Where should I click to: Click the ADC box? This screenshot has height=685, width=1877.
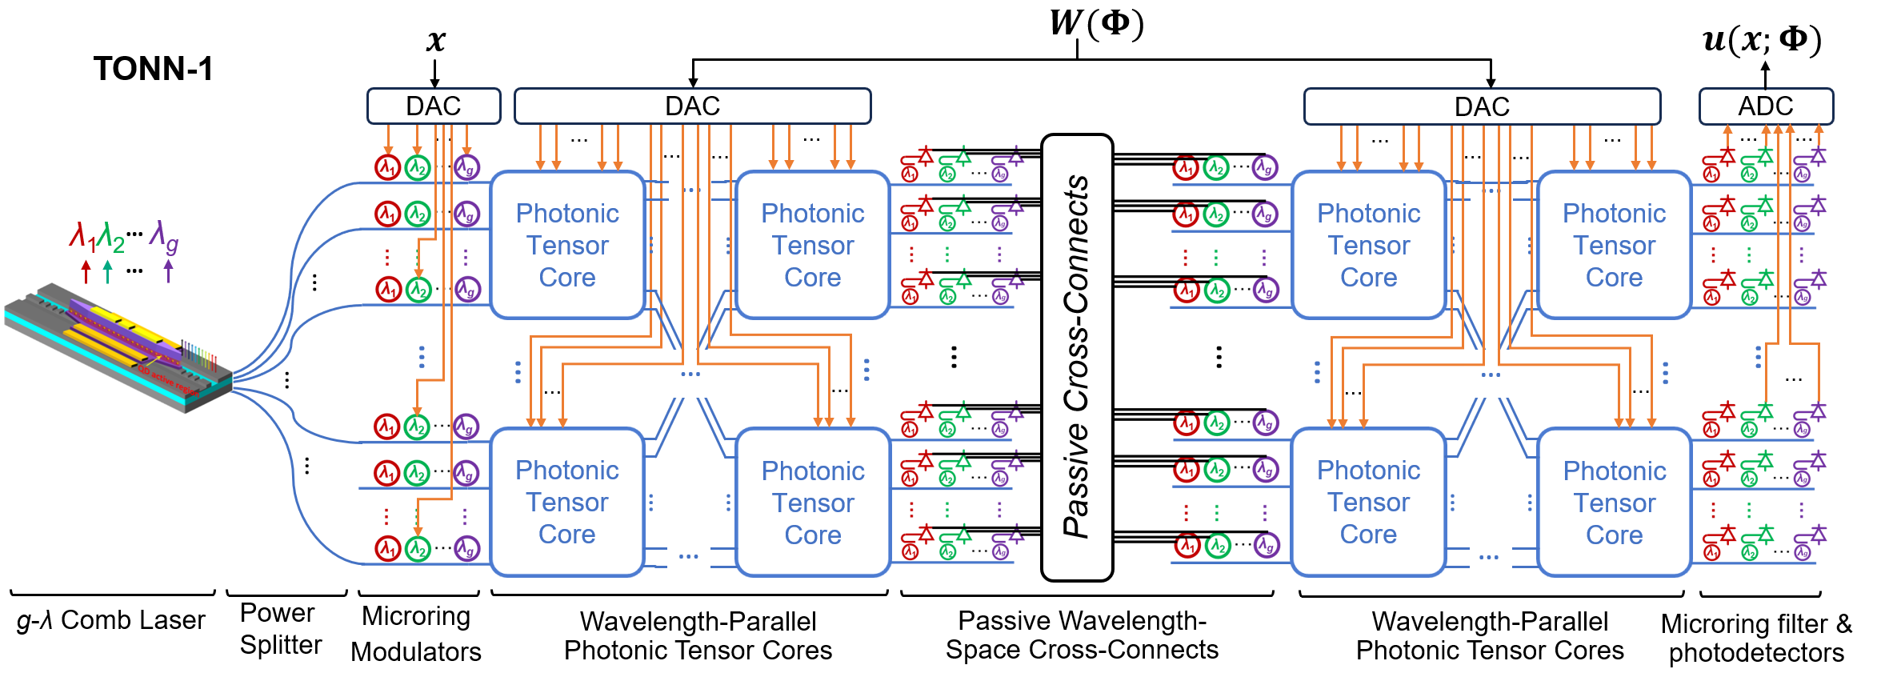[x=1766, y=106]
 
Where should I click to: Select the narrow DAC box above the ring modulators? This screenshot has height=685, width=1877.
[x=434, y=106]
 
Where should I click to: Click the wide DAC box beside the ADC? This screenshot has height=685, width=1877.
[x=1482, y=106]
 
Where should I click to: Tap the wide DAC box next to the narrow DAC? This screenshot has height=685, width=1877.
[x=692, y=106]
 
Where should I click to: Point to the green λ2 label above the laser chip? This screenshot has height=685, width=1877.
[x=111, y=238]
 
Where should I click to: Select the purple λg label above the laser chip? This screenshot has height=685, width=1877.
[x=164, y=238]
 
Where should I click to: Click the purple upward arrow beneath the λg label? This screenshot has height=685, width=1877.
[x=168, y=270]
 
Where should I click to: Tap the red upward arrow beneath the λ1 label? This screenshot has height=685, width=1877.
[x=86, y=270]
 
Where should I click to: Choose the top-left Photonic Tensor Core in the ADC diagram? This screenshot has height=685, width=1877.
[x=1368, y=245]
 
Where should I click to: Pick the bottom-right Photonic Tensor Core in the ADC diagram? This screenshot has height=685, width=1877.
[x=1614, y=503]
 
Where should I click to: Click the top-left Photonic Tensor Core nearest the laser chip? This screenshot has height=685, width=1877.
[x=567, y=245]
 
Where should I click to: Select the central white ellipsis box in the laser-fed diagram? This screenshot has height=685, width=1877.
[x=690, y=374]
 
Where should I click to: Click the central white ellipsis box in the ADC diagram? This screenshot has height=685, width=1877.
[x=1491, y=374]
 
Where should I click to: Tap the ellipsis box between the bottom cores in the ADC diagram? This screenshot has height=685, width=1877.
[x=1490, y=557]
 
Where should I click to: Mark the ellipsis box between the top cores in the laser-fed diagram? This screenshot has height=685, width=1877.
[x=690, y=190]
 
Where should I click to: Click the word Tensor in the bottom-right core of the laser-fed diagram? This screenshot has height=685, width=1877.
[x=813, y=503]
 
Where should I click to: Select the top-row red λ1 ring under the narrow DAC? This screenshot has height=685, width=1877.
[x=387, y=168]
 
